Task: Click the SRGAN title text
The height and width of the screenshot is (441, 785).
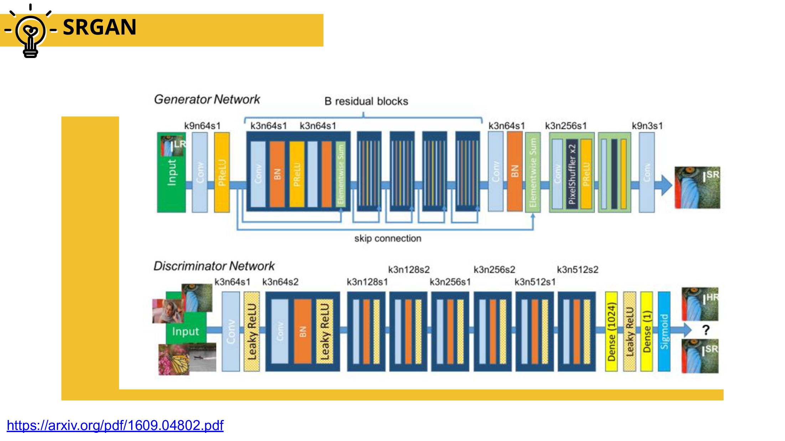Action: (99, 27)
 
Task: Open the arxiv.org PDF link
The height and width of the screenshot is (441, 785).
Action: (115, 425)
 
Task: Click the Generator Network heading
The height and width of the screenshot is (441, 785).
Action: (207, 99)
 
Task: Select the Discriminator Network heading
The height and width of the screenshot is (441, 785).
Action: (214, 266)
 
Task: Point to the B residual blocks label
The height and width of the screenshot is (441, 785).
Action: (366, 101)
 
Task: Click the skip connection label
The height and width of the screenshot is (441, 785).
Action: (387, 238)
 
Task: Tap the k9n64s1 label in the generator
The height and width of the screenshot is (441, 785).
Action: (202, 126)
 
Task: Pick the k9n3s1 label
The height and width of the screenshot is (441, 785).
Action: (647, 126)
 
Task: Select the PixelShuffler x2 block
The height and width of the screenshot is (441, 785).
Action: (572, 174)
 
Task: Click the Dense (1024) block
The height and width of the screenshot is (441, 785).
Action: (611, 331)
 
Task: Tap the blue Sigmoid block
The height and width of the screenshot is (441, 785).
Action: (664, 331)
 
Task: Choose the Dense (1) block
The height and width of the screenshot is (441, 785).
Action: (646, 331)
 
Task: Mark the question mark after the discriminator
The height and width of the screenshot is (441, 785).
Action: (706, 330)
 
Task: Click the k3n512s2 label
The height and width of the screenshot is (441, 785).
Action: (577, 270)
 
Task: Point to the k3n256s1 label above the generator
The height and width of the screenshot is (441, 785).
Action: (565, 126)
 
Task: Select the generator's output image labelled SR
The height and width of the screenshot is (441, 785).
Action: (697, 188)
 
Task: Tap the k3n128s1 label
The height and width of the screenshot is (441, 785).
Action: (367, 282)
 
